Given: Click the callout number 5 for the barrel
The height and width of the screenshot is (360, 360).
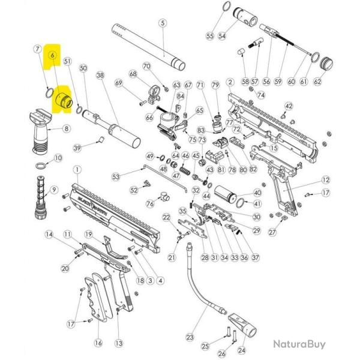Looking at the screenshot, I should click(162, 23).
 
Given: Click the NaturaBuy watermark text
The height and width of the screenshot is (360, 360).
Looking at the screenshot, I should click(299, 344).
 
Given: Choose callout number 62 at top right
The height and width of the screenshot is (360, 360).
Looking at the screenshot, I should click(334, 81).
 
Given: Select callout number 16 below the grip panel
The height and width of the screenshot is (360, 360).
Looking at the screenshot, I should click(98, 343).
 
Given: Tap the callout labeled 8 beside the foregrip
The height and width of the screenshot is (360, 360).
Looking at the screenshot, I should click(66, 128).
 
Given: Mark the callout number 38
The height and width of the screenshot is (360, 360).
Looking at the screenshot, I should click(100, 76).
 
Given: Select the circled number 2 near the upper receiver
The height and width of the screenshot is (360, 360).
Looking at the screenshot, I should click(230, 81).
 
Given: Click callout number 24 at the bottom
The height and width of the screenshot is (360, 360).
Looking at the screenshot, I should click(242, 351).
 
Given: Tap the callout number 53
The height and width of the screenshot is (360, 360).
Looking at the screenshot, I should click(116, 176).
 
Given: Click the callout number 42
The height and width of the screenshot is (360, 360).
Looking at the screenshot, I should click(289, 106).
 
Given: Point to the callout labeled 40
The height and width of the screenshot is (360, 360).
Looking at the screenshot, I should click(257, 193).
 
